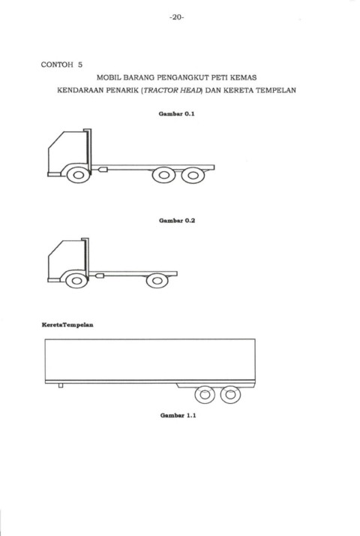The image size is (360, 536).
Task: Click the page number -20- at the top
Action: [x=176, y=17]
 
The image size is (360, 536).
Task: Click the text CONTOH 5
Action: [x=61, y=65]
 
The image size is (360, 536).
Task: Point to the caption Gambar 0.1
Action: [x=176, y=114]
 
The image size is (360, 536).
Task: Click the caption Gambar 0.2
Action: [x=177, y=221]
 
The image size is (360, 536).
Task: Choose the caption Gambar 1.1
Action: [x=178, y=415]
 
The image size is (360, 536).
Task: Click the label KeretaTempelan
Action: [x=67, y=325]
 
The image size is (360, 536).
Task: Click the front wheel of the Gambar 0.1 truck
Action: [x=79, y=175]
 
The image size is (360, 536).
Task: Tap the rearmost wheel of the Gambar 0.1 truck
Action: [x=193, y=176]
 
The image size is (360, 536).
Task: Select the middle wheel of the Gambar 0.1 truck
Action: [x=164, y=175]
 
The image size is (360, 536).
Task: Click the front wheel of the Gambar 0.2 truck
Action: [x=76, y=281]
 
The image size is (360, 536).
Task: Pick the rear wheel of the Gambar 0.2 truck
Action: [x=157, y=281]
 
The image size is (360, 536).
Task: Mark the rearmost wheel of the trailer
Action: [x=230, y=394]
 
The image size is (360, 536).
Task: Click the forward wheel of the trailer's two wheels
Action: [x=205, y=394]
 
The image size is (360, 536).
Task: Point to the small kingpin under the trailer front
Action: [x=61, y=386]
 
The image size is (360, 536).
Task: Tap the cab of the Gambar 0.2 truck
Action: [x=67, y=260]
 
